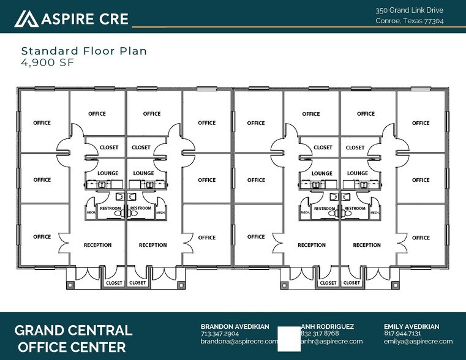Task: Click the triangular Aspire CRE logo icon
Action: coord(26,19)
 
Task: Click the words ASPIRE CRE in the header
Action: coord(85,19)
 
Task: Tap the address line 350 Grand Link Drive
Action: coord(409,10)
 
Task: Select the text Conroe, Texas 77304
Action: coord(409,21)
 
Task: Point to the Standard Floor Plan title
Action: coord(84,51)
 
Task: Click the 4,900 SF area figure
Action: coord(47,62)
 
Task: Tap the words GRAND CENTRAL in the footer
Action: coord(73,331)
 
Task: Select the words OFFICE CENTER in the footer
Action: coord(73,347)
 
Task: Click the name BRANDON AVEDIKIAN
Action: coord(235,326)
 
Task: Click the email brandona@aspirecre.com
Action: coord(239,341)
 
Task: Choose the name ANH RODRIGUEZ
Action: coord(328,326)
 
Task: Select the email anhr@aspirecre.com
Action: coord(332,341)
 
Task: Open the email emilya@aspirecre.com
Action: coord(418,341)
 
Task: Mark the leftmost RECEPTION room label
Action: coord(97,245)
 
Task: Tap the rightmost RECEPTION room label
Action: coord(367,245)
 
